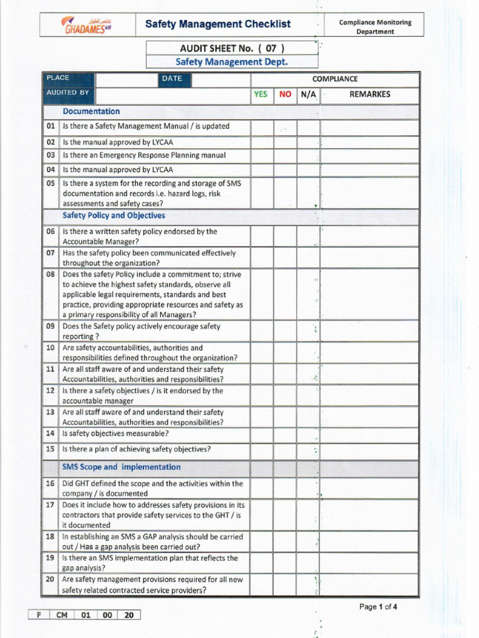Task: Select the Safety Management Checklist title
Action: coord(218,24)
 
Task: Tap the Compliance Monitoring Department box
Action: coord(375,26)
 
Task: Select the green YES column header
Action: coord(261,95)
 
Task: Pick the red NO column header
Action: coord(285,95)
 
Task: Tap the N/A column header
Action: coord(308,95)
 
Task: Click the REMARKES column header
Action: coord(370,95)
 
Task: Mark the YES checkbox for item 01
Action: coord(262,127)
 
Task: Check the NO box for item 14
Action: coord(285,434)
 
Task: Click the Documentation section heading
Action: coord(91,112)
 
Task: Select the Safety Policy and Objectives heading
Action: coord(114,216)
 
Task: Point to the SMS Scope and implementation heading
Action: coord(121,467)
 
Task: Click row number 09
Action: coord(51,326)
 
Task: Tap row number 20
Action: coord(51,580)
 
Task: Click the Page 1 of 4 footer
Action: coord(378,606)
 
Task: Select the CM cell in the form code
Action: coord(62,615)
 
